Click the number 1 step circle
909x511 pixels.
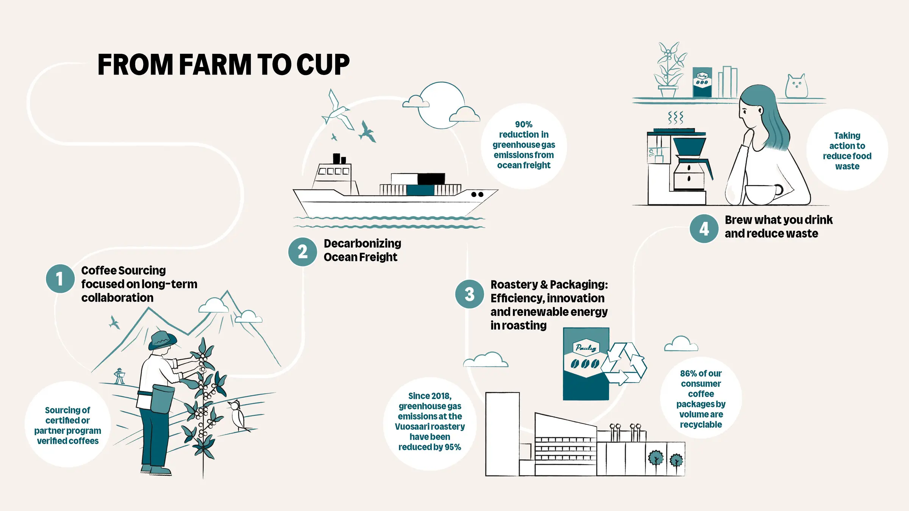point(60,279)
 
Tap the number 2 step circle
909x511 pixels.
point(302,252)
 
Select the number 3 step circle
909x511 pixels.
point(469,294)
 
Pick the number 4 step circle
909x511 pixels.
point(704,229)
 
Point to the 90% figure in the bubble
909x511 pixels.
point(523,125)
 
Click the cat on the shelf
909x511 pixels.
point(796,86)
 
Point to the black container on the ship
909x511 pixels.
point(431,178)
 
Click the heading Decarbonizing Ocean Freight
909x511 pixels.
point(362,250)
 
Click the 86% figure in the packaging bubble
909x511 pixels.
point(688,374)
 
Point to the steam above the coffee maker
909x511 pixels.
point(675,118)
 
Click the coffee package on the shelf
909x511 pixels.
point(702,82)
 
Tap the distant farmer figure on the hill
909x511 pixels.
point(120,376)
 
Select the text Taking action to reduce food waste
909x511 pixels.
point(847,151)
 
